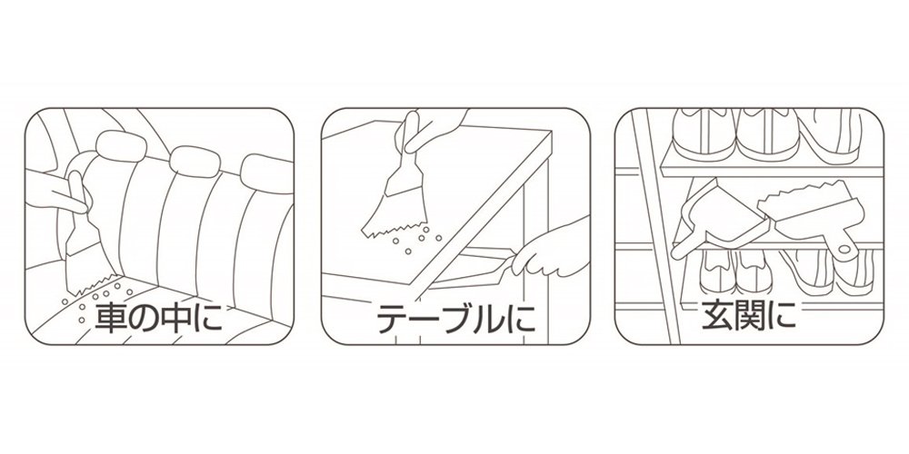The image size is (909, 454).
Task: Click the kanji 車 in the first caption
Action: (x=110, y=318)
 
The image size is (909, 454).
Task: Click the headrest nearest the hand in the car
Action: (x=121, y=146)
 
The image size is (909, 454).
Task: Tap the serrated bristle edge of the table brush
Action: (x=395, y=229)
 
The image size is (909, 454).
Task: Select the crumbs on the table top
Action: (x=416, y=239)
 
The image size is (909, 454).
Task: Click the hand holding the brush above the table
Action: (x=432, y=130)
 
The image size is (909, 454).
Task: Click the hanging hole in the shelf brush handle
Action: (x=844, y=249)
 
